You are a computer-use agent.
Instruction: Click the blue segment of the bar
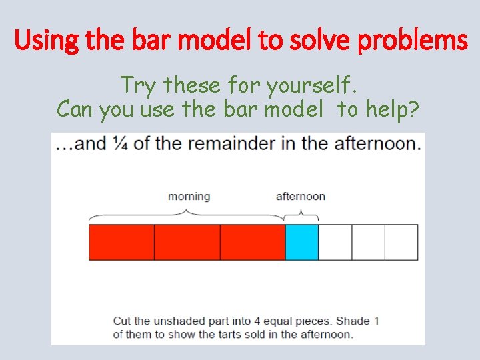301,242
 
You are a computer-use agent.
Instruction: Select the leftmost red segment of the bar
121,242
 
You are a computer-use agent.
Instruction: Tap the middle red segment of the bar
187,242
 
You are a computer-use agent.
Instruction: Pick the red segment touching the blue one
252,242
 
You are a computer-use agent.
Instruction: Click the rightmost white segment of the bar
401,242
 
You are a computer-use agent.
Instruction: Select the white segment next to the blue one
335,242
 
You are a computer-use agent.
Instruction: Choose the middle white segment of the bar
368,242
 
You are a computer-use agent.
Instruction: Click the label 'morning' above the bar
189,196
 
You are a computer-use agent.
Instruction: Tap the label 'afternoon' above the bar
301,196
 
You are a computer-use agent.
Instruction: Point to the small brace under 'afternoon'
301,215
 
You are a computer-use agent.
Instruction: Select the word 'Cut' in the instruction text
122,321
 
